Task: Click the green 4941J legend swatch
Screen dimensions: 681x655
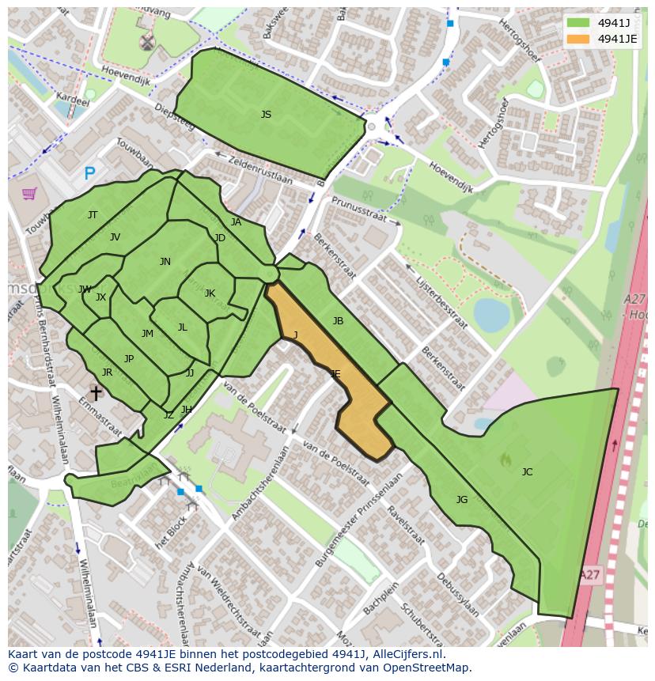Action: [x=578, y=23]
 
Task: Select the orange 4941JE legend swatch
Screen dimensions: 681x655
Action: [x=578, y=39]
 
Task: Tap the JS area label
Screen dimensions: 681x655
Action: [x=266, y=115]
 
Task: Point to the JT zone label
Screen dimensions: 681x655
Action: [x=93, y=215]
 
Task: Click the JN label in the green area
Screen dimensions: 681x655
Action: [x=165, y=262]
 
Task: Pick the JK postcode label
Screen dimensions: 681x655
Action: [x=210, y=293]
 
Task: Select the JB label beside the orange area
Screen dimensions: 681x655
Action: [x=338, y=321]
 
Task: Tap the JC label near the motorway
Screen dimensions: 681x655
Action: [x=527, y=472]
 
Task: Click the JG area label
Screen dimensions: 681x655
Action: [x=462, y=499]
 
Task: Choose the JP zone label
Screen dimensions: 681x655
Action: [x=129, y=359]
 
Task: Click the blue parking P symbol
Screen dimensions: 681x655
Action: [x=89, y=173]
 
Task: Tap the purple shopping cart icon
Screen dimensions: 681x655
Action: [x=29, y=193]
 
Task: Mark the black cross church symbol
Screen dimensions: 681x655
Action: [x=96, y=392]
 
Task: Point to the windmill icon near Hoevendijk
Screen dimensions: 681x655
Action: [x=146, y=42]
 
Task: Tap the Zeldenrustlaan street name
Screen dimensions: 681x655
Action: [x=259, y=169]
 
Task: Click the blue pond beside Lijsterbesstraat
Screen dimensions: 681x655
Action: [x=490, y=315]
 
